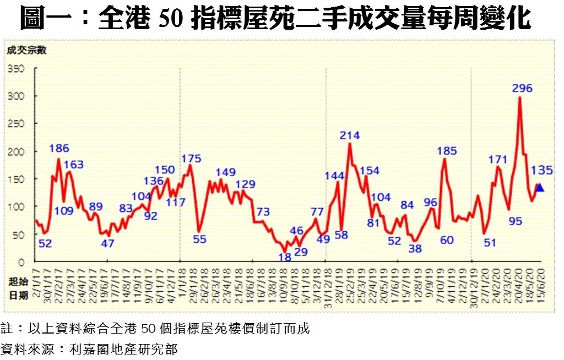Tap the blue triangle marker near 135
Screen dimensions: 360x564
tap(540, 188)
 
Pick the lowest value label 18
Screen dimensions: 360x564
tap(285, 257)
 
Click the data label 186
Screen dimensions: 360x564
tap(59, 148)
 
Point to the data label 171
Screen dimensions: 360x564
tap(497, 160)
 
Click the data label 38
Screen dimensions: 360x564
tap(415, 248)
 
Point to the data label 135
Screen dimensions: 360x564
tap(542, 170)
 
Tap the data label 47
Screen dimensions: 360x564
tap(107, 243)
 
